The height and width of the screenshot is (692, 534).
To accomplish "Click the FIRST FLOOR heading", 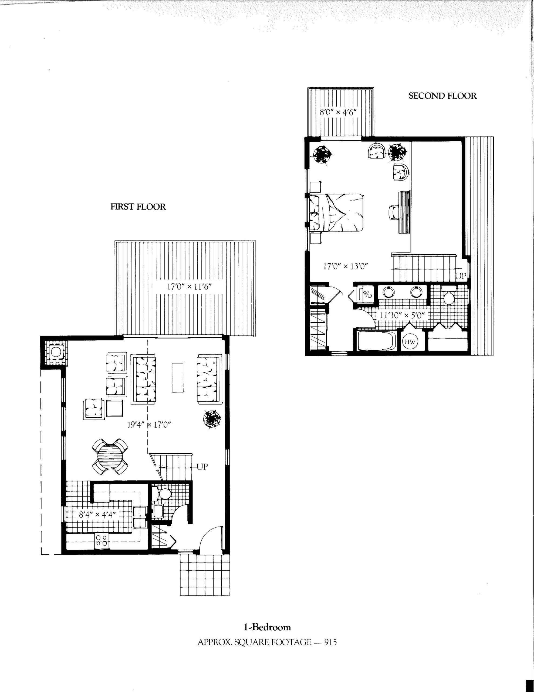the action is pyautogui.click(x=138, y=207).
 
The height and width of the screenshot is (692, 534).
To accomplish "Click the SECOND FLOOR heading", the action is pyautogui.click(x=442, y=96).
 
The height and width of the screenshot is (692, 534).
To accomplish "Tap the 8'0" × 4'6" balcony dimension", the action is pyautogui.click(x=338, y=112).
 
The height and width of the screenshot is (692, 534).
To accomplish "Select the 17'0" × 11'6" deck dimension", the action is pyautogui.click(x=189, y=287).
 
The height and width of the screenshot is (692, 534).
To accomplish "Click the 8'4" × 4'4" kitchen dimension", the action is pyautogui.click(x=97, y=515).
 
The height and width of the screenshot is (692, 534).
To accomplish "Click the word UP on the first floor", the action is pyautogui.click(x=202, y=466).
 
